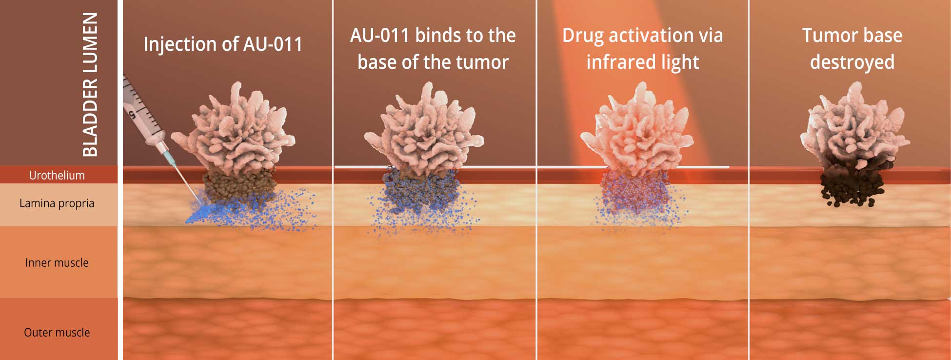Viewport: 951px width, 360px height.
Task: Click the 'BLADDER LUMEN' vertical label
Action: [x=90, y=84]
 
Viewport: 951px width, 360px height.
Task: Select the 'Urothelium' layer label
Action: [x=57, y=175]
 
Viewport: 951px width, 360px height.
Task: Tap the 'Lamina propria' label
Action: [x=57, y=203]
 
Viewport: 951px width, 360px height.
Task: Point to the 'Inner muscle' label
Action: [x=57, y=262]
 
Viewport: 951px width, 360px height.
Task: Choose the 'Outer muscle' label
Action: [x=57, y=332]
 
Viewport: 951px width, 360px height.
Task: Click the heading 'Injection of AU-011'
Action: [x=223, y=44]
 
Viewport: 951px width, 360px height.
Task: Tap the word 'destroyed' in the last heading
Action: [x=852, y=63]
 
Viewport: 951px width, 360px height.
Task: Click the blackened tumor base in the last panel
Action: [x=852, y=183]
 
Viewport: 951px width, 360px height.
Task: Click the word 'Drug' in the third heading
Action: [x=583, y=36]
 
